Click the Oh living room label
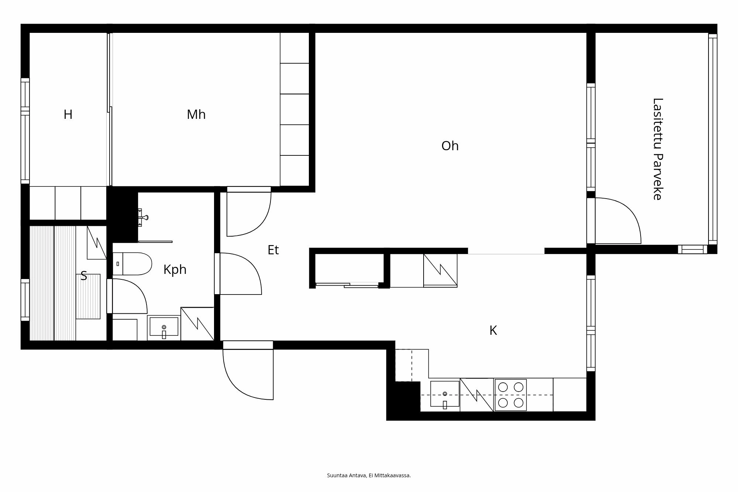[x=450, y=146]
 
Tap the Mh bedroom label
[x=196, y=115]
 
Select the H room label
[x=68, y=115]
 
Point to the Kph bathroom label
[x=175, y=270]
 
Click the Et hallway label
[x=273, y=250]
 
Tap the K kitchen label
[x=493, y=331]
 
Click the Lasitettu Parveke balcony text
[x=657, y=149]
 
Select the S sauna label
[x=84, y=276]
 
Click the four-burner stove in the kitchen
[x=511, y=395]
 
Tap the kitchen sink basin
[x=445, y=394]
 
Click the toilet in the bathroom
[x=133, y=264]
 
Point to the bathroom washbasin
[x=164, y=327]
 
